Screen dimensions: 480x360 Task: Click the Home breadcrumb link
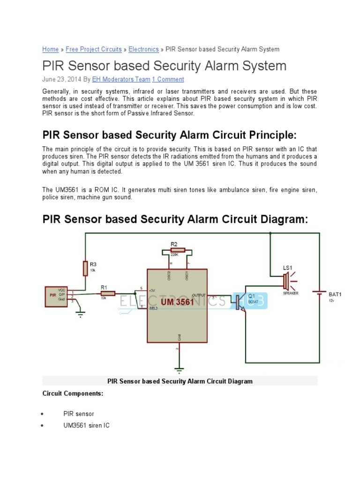click(50, 49)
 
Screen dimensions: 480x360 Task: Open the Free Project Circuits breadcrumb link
click(94, 49)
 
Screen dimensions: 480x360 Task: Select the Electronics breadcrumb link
click(143, 49)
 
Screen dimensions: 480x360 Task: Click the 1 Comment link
click(168, 79)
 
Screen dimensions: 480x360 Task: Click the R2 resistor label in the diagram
click(174, 244)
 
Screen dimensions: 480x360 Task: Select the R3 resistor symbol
click(85, 268)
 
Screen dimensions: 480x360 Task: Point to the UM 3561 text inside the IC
click(177, 302)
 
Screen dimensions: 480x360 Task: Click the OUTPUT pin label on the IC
click(198, 294)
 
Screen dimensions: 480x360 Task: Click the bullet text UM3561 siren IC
click(87, 425)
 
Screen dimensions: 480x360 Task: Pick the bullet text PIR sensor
click(79, 414)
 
